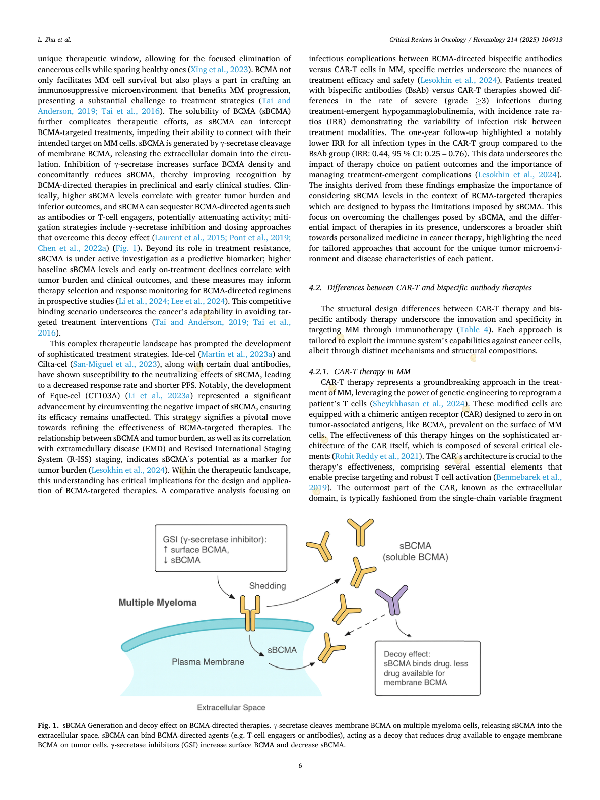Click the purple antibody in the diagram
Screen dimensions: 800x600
(x=392, y=599)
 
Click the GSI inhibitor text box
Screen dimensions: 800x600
(x=221, y=549)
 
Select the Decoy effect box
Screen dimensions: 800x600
(x=427, y=668)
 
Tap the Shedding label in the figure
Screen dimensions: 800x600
(x=268, y=586)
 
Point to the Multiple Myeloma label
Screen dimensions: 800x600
(x=158, y=603)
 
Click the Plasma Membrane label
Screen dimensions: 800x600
(x=208, y=662)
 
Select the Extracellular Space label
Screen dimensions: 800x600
(x=231, y=707)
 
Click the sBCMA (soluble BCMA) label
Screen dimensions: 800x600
(x=415, y=551)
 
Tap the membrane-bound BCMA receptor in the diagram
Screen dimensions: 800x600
(x=250, y=613)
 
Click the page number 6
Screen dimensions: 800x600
(x=300, y=766)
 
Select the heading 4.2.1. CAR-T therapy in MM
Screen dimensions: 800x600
(x=360, y=372)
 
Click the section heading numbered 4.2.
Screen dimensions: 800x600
(x=420, y=288)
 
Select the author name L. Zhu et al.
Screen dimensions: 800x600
(x=54, y=39)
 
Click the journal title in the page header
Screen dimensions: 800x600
(x=476, y=39)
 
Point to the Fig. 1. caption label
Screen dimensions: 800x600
(x=48, y=725)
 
